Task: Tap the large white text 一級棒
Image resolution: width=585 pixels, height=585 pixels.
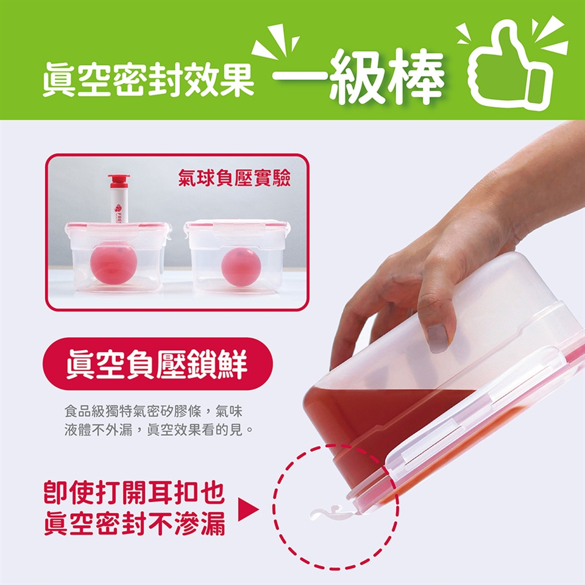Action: click(358, 77)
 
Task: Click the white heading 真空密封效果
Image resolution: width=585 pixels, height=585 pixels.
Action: click(149, 80)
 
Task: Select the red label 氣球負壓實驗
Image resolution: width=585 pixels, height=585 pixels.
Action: click(234, 178)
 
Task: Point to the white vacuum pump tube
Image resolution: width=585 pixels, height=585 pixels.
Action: click(119, 205)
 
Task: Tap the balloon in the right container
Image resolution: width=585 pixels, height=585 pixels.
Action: click(241, 267)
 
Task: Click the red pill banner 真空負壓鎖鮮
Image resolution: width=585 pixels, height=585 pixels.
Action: click(157, 364)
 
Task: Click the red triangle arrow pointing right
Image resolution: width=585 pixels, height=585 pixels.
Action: click(248, 509)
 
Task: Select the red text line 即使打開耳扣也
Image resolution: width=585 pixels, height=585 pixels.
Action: click(135, 492)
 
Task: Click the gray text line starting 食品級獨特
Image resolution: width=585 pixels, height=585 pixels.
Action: click(154, 411)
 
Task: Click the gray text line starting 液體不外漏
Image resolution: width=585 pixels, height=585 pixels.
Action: click(159, 430)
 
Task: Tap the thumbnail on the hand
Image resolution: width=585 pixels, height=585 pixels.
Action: click(438, 338)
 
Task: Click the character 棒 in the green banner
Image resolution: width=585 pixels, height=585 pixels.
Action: click(416, 77)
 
